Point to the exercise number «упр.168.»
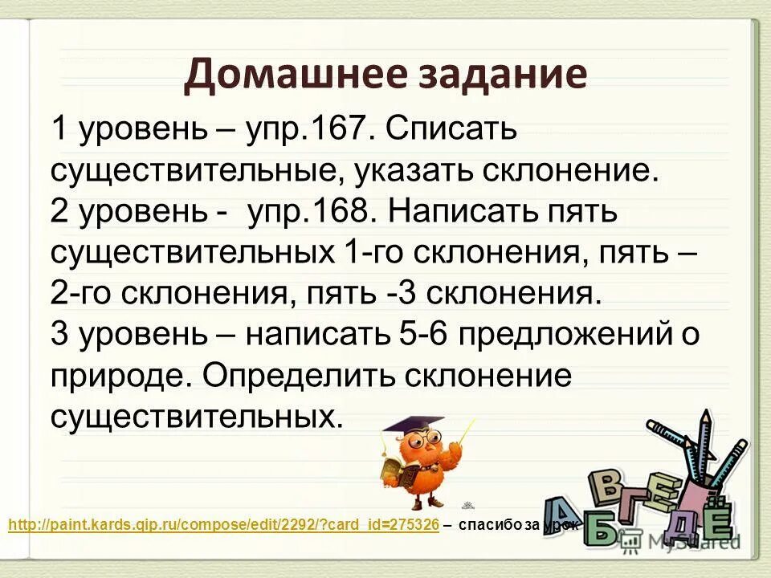(x=312, y=213)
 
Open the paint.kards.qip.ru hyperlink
(x=223, y=525)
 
